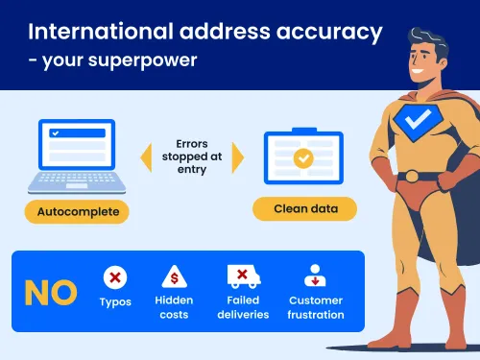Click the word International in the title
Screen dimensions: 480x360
coord(101,32)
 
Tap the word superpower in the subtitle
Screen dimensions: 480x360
coord(142,60)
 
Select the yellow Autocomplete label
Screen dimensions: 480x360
coord(77,211)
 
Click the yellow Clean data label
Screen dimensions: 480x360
coord(304,208)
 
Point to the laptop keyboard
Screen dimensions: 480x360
coord(77,181)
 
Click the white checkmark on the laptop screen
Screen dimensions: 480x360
coord(56,133)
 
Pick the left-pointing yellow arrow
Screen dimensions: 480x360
coord(146,157)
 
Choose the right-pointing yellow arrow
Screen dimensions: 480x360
coord(238,157)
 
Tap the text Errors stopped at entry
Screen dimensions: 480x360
coord(192,156)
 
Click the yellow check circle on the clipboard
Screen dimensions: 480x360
coord(303,158)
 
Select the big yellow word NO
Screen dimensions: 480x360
coord(51,293)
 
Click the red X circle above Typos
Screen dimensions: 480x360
coord(115,277)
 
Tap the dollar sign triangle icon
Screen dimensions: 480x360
coord(175,276)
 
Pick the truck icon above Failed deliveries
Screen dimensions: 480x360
coord(244,276)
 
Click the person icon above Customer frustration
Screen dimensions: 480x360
coord(315,276)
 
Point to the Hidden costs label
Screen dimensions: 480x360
coord(174,307)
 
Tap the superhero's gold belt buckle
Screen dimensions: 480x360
coord(412,177)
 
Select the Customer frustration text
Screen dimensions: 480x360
coord(316,307)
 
